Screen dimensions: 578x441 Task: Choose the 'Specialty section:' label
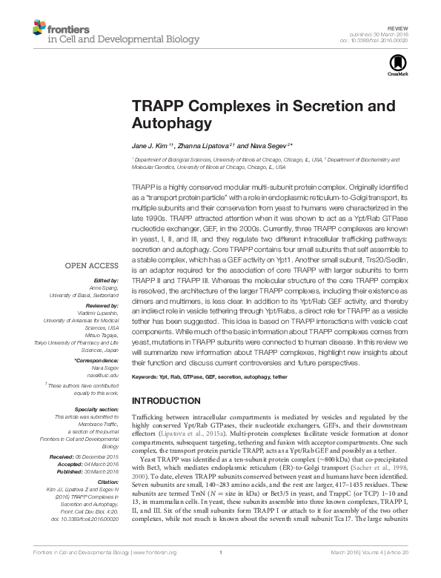click(x=97, y=408)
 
